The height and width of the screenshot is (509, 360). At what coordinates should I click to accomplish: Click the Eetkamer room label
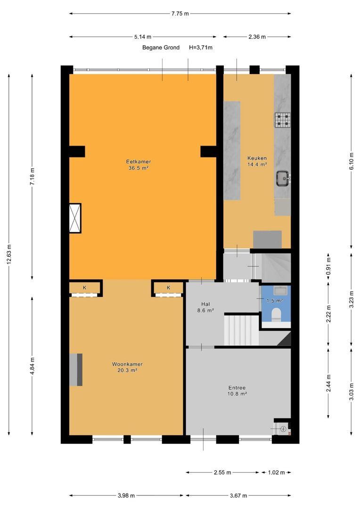[x=138, y=162]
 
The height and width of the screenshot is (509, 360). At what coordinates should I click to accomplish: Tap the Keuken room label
[x=257, y=158]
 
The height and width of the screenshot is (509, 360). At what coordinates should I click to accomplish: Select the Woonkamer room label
[x=127, y=364]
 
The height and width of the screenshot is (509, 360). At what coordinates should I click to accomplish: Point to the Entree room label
[x=237, y=387]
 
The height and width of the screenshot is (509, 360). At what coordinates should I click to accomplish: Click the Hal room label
[x=205, y=304]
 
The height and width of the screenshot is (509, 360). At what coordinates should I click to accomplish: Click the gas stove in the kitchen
[x=283, y=120]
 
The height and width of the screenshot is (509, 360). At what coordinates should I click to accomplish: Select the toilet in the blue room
[x=276, y=315]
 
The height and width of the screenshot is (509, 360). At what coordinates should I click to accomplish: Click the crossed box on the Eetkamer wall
[x=75, y=218]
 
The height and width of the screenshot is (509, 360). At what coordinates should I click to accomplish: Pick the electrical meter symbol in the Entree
[x=283, y=429]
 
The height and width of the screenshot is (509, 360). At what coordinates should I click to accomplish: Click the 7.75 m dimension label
[x=180, y=14]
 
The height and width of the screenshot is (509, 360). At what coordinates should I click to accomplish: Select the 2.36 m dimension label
[x=257, y=37]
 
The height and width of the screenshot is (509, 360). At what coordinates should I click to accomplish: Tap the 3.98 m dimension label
[x=126, y=495]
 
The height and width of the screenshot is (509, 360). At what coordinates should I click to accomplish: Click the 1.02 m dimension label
[x=276, y=472]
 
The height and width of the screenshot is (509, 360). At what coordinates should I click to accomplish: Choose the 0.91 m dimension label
[x=328, y=266]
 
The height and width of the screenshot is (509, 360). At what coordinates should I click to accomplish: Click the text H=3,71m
[x=201, y=48]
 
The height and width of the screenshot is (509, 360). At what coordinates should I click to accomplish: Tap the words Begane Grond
[x=161, y=48]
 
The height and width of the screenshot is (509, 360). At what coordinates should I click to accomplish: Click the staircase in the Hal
[x=241, y=330]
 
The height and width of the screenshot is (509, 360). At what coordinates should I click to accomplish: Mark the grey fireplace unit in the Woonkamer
[x=76, y=370]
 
